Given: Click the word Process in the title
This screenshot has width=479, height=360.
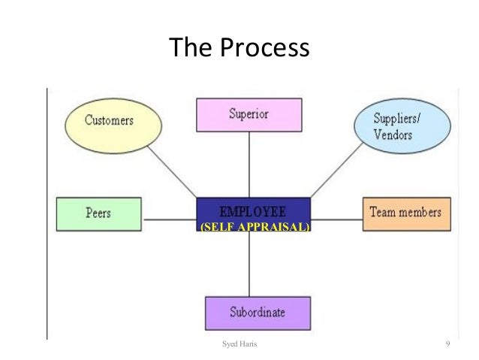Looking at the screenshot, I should click(x=264, y=49).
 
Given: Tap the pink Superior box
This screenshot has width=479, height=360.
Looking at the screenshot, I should click(x=249, y=115).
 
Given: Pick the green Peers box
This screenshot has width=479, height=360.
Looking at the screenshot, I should click(x=98, y=213).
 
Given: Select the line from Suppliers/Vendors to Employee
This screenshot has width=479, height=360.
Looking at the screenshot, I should click(x=330, y=173).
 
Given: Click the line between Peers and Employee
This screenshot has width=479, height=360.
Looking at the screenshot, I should click(x=168, y=219).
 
